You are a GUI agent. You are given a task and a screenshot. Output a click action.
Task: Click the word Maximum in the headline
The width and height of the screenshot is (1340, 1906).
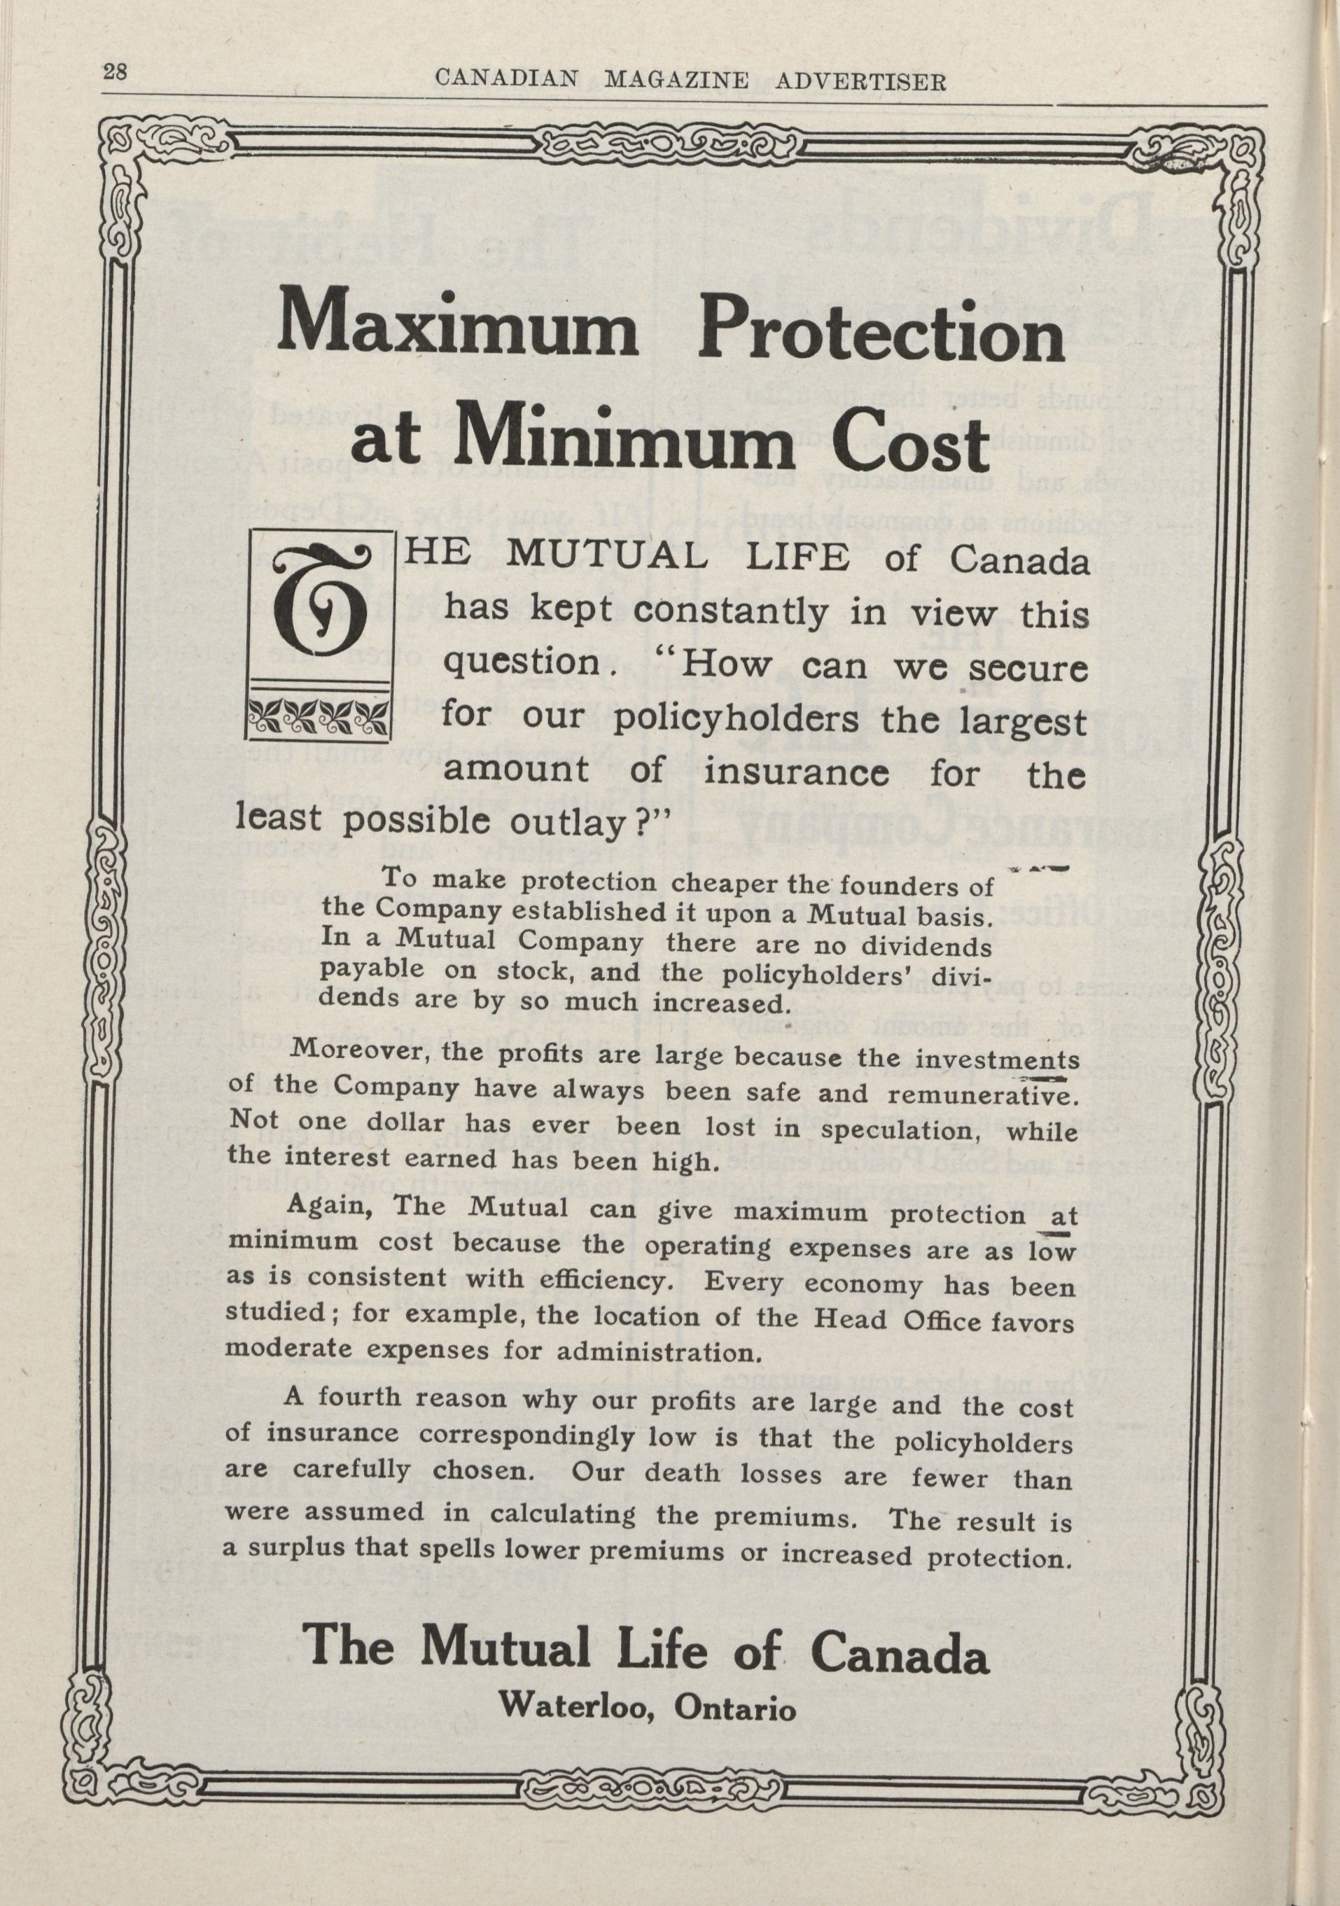coord(460,335)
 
